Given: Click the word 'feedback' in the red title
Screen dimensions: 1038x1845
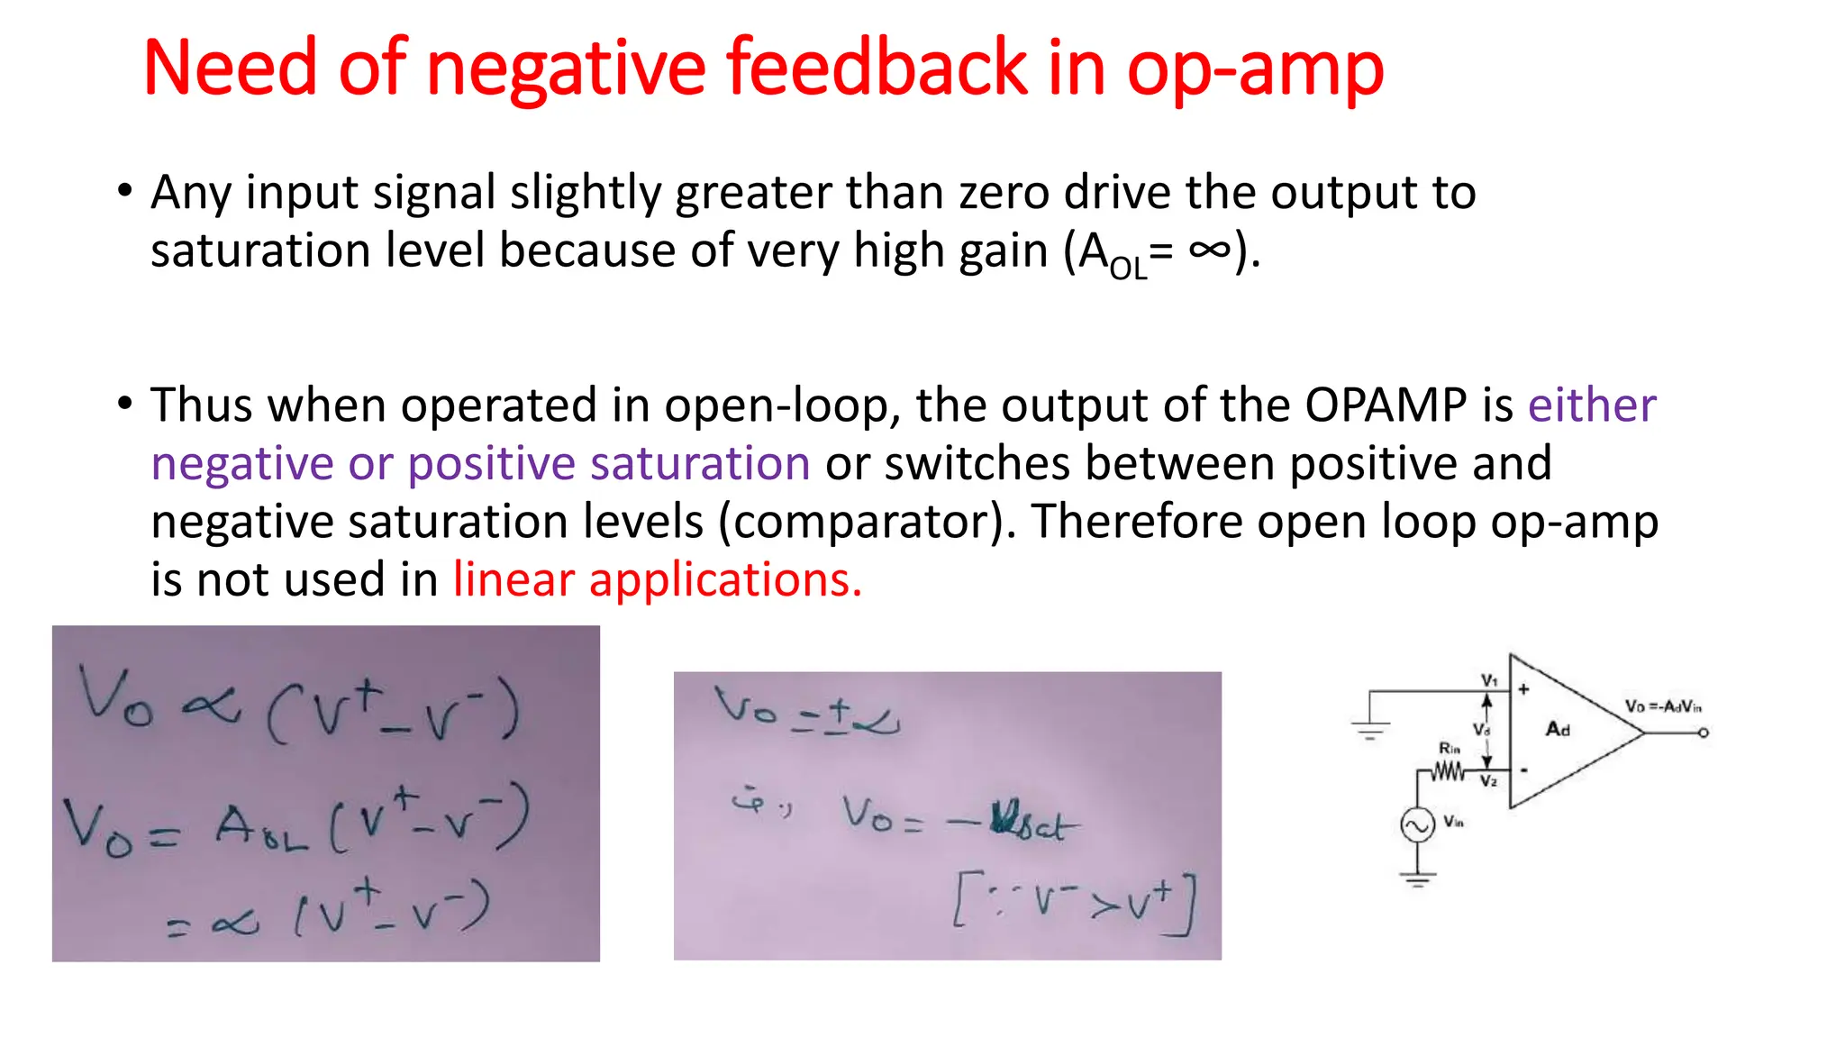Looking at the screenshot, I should [877, 68].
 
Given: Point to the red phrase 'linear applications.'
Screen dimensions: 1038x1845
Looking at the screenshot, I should [658, 579].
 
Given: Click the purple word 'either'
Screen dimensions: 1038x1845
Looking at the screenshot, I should [1592, 405].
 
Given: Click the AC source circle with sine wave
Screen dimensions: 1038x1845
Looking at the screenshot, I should [1417, 824].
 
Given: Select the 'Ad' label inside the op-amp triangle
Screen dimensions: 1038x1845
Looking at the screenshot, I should [1558, 729].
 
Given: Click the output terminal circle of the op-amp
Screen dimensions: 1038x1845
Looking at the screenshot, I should [1704, 733].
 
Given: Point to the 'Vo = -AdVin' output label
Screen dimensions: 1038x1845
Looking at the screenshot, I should [1663, 706].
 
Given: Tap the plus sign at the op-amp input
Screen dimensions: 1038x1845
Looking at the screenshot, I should [1523, 689].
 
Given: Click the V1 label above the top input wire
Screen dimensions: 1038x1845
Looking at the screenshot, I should [1489, 680].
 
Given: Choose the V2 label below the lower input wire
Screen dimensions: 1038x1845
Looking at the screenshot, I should [1488, 781].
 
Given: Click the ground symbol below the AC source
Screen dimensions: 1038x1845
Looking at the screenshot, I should [1417, 878].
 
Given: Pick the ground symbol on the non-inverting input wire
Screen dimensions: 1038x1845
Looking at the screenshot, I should [1370, 729].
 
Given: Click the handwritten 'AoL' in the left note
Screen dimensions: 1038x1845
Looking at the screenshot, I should [261, 827].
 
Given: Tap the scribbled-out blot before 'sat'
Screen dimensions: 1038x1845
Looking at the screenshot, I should [1004, 819].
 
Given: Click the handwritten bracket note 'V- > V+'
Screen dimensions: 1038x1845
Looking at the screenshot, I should [1076, 901].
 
